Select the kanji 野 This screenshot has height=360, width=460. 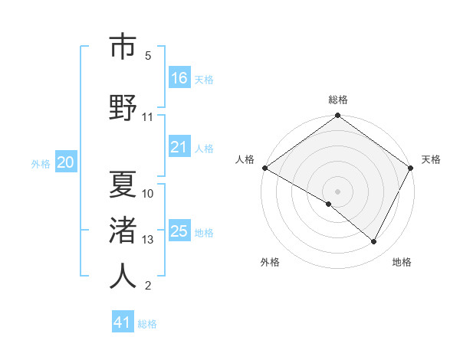(x=123, y=108)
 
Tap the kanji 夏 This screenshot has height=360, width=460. (x=123, y=185)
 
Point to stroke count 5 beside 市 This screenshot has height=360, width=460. (x=148, y=56)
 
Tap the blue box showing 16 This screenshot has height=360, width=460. (x=179, y=78)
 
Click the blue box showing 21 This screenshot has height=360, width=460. (x=179, y=147)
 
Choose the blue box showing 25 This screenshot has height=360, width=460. (x=179, y=231)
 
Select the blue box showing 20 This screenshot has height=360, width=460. (x=65, y=162)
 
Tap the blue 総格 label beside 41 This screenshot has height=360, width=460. (x=148, y=324)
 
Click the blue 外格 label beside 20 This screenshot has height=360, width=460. (x=41, y=163)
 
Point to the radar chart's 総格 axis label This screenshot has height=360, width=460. (x=337, y=100)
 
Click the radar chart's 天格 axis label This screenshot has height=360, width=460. (x=431, y=159)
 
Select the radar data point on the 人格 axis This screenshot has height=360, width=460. (x=265, y=168)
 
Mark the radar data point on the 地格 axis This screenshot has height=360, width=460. (x=374, y=242)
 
